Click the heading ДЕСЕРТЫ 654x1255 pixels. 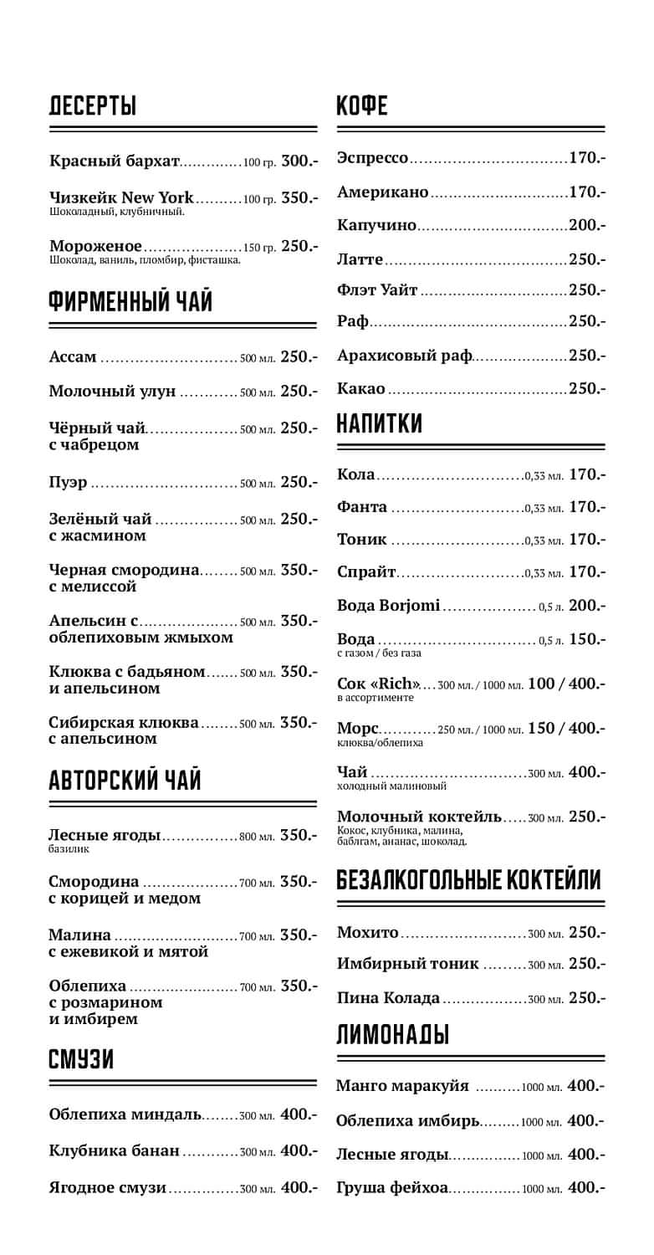pyautogui.click(x=93, y=106)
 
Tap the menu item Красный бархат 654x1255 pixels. pyautogui.click(x=115, y=161)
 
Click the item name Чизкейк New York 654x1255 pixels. pyautogui.click(x=121, y=198)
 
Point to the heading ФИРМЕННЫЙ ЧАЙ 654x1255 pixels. pyautogui.click(x=131, y=301)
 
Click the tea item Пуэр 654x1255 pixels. pyautogui.click(x=68, y=482)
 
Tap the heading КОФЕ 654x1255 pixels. pyautogui.click(x=362, y=106)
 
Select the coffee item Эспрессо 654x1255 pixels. pyautogui.click(x=372, y=158)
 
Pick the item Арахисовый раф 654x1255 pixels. pyautogui.click(x=404, y=356)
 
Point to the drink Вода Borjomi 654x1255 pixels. pyautogui.click(x=388, y=605)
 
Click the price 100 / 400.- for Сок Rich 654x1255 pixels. pyautogui.click(x=566, y=684)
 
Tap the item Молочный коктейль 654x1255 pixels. pyautogui.click(x=419, y=817)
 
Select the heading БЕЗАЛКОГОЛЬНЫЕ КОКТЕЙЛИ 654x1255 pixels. pyautogui.click(x=468, y=879)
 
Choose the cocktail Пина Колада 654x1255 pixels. pyautogui.click(x=388, y=997)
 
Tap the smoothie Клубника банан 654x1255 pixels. pyautogui.click(x=114, y=1151)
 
